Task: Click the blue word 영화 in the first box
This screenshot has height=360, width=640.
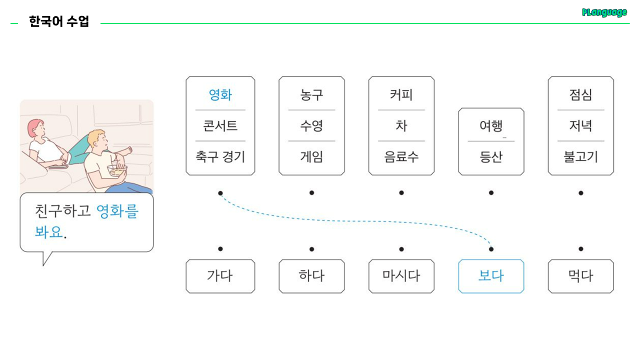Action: [220, 94]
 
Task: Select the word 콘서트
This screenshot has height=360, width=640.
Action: [220, 125]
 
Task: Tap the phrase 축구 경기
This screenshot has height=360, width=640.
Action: [220, 157]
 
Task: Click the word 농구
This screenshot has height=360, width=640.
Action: [311, 94]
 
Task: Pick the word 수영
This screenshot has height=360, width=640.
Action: [311, 125]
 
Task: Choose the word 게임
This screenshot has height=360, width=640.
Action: [311, 157]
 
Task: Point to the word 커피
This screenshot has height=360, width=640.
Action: [401, 94]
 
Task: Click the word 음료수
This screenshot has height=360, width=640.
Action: [401, 157]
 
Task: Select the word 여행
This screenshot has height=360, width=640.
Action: [491, 125]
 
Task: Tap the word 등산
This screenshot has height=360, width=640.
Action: [491, 157]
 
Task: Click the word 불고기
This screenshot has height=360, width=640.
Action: [580, 157]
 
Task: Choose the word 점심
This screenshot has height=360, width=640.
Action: [580, 94]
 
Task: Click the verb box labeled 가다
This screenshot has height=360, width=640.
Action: [220, 276]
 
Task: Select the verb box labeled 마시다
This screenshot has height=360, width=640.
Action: [401, 276]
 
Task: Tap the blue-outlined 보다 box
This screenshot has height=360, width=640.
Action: [491, 276]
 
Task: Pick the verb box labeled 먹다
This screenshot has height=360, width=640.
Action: [580, 276]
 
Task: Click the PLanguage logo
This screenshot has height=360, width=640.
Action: [604, 12]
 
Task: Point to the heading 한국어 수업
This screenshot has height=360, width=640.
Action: [59, 22]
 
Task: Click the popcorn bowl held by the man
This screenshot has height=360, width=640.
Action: [117, 170]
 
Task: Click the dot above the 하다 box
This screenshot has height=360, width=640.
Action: [311, 249]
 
